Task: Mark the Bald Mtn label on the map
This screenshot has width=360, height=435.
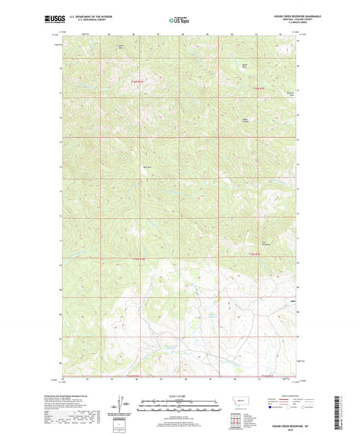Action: coord(147,167)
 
